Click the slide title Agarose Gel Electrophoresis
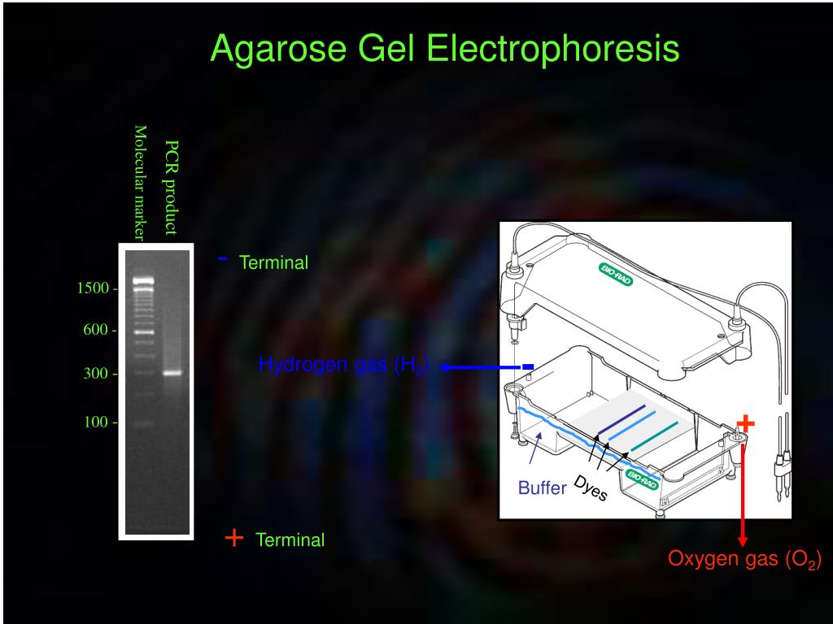coord(444,49)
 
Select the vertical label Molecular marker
coord(140,183)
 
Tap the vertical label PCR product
coord(171,186)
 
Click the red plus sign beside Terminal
coord(234,537)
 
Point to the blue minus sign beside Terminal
coord(223,259)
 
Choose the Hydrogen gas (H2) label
coord(343,366)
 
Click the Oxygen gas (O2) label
coord(744,560)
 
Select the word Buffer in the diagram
coord(542,488)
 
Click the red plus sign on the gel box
coord(746,422)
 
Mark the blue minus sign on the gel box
coord(528,367)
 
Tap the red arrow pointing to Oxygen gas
coord(743,496)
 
